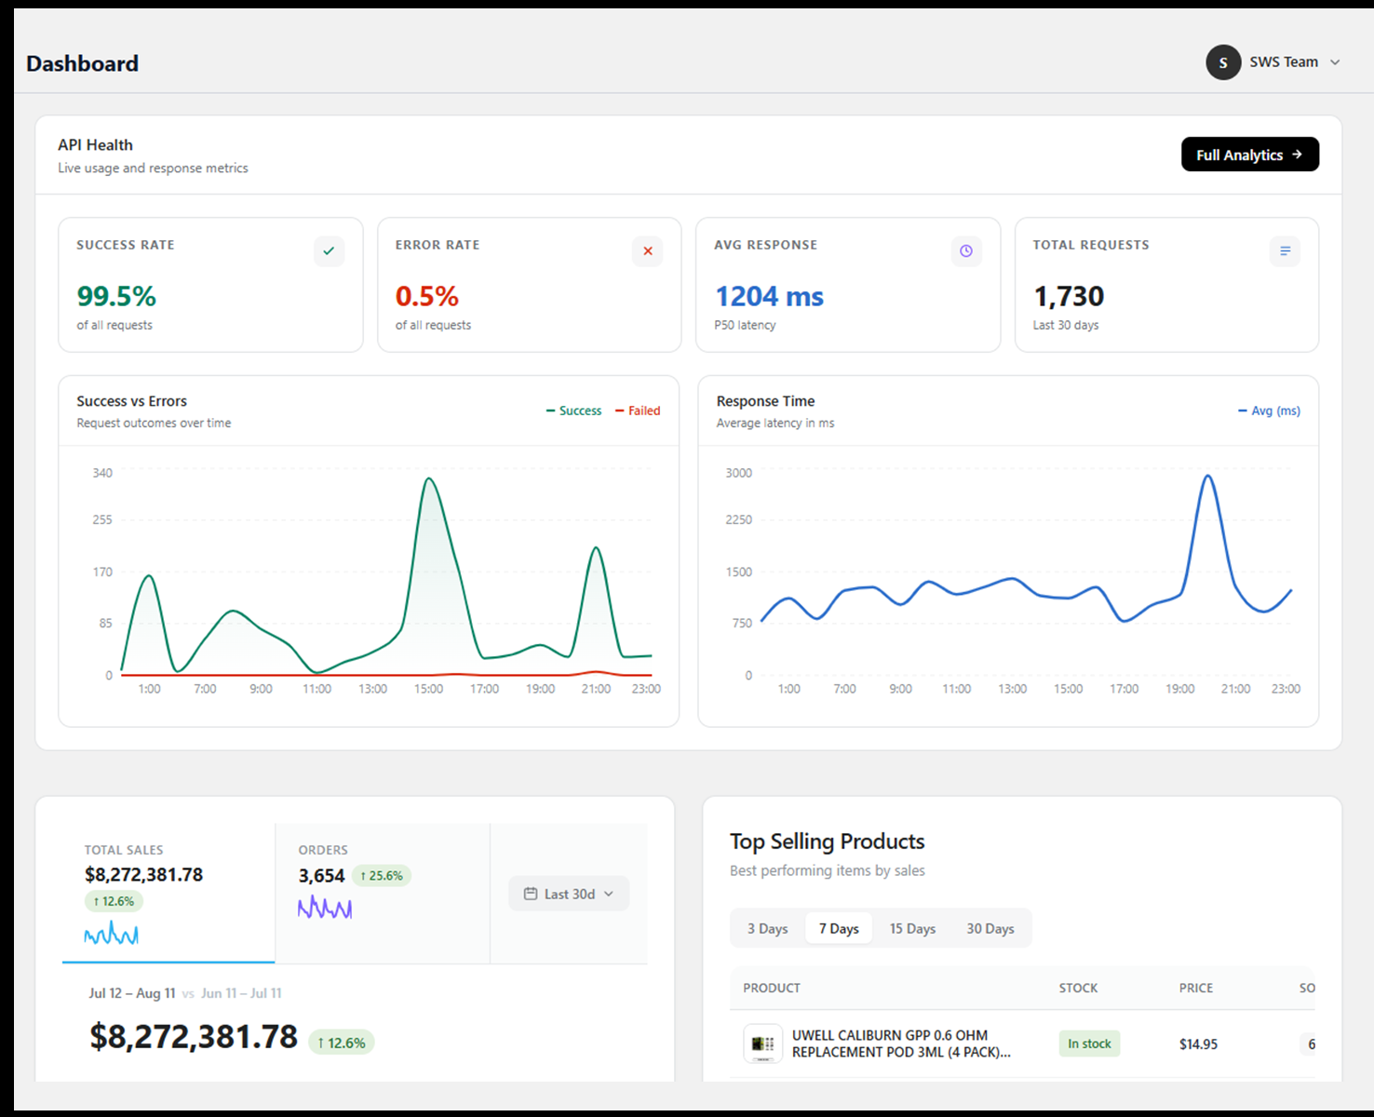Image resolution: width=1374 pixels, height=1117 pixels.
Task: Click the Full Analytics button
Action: point(1249,155)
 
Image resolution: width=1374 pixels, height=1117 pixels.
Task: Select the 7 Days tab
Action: point(839,928)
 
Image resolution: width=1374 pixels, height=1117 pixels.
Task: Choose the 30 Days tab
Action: point(990,928)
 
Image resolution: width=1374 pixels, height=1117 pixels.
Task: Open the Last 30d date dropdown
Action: point(568,894)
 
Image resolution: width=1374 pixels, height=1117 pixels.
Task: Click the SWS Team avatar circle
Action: point(1223,62)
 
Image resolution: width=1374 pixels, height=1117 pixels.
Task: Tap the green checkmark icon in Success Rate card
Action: point(329,251)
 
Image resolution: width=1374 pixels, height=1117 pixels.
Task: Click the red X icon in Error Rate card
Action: point(648,251)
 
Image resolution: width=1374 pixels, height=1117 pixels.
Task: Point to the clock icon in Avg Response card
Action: point(966,251)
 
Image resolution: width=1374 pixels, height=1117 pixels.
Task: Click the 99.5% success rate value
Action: point(116,296)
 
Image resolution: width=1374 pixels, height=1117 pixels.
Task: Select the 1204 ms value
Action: point(769,296)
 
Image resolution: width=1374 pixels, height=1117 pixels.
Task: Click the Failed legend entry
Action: point(638,410)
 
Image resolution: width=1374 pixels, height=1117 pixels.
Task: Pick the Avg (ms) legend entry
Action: point(1269,410)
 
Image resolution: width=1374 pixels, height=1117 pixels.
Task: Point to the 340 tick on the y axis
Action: point(102,473)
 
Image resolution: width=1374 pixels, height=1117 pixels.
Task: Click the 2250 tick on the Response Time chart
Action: point(738,519)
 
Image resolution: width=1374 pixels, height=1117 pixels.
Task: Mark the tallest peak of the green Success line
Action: point(429,478)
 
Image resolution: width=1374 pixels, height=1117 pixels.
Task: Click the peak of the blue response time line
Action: point(1207,476)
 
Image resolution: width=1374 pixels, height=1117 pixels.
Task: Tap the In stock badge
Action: point(1089,1043)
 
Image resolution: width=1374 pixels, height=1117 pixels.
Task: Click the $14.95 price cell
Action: point(1198,1044)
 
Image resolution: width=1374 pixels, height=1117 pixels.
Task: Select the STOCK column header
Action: point(1078,988)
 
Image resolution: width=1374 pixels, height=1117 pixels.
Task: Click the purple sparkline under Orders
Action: point(325,907)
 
